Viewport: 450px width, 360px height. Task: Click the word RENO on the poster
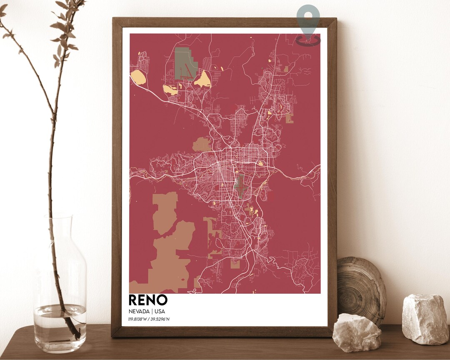point(148,300)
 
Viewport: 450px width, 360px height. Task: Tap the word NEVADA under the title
point(138,311)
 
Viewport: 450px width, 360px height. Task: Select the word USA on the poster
point(160,311)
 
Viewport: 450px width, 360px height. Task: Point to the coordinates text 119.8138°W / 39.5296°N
point(149,319)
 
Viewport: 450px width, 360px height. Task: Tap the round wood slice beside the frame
point(361,287)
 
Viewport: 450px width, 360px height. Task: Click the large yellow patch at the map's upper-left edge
point(138,77)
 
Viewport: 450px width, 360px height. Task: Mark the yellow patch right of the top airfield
point(203,79)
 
